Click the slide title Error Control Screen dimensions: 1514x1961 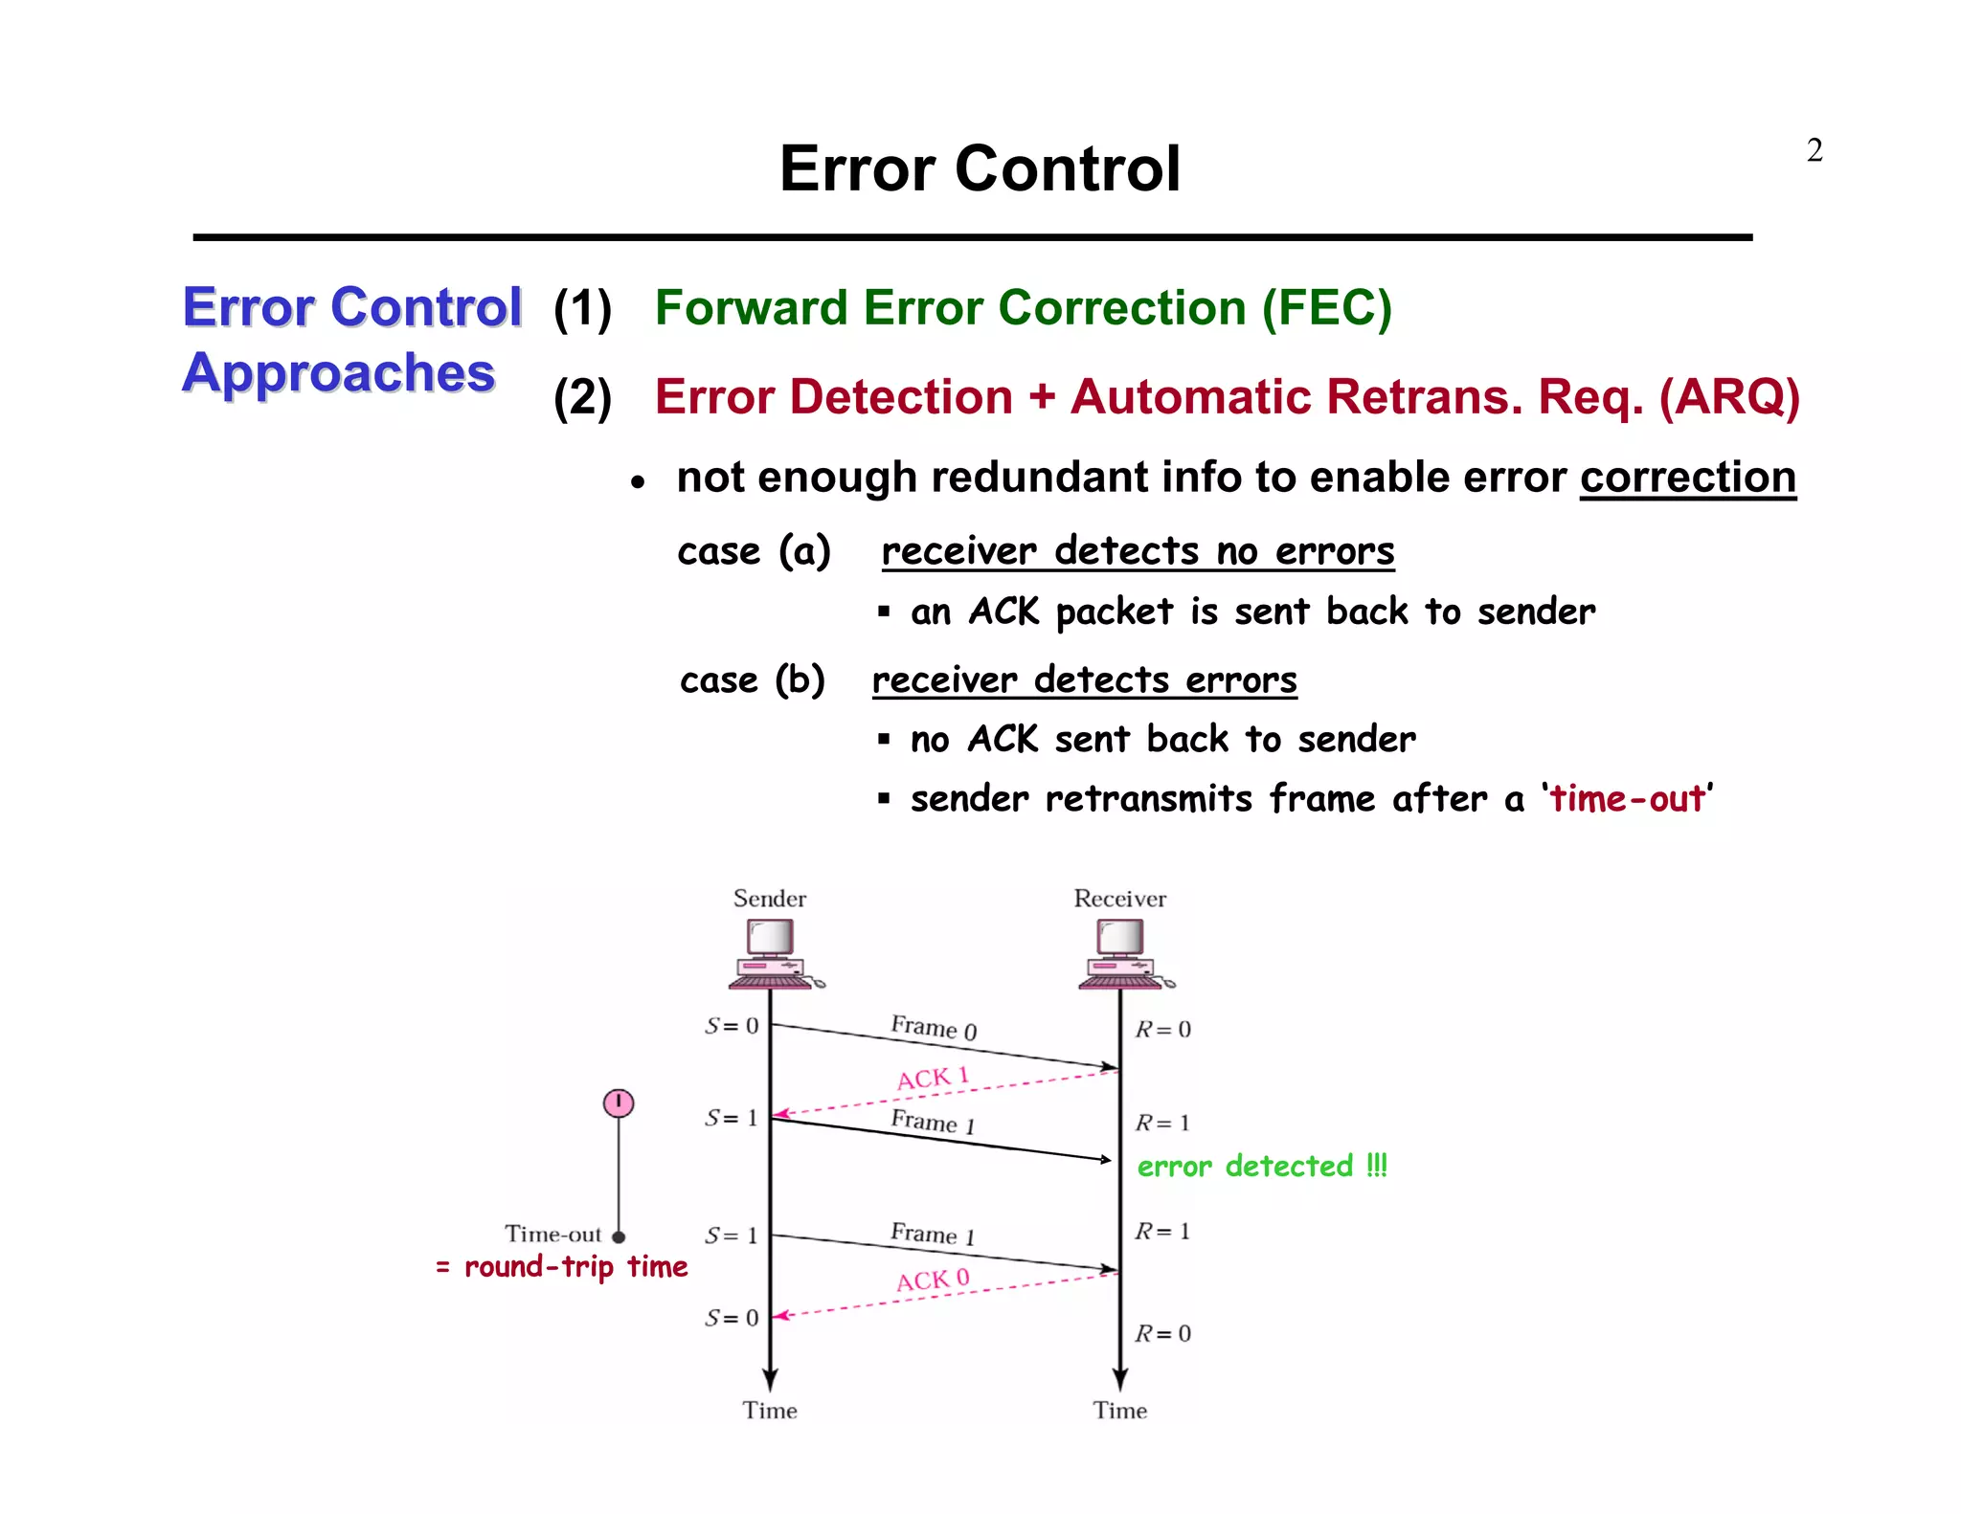pos(980,168)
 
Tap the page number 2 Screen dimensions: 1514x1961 pos(1814,151)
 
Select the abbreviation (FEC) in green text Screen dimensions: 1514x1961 pos(1326,308)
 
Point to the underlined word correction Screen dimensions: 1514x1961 pos(1687,478)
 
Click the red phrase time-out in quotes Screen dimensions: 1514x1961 pos(1627,798)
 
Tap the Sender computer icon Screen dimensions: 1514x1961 pos(772,953)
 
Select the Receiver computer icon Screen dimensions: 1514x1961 pos(1121,953)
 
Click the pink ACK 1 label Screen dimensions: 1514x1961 pos(933,1079)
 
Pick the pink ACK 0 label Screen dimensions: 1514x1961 pos(933,1280)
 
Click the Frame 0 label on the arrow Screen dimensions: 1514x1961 pos(934,1028)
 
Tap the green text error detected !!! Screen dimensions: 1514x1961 pos(1261,1167)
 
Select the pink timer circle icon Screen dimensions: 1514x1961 pos(619,1103)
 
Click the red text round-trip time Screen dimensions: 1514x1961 pos(575,1267)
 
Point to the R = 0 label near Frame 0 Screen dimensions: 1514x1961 pos(1163,1030)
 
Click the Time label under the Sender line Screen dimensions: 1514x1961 pos(770,1411)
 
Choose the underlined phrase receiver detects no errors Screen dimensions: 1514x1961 pos(1138,551)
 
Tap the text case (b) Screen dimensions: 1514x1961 pos(753,680)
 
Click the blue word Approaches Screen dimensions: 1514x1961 pos(339,373)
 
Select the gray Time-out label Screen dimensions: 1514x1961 pos(552,1235)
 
